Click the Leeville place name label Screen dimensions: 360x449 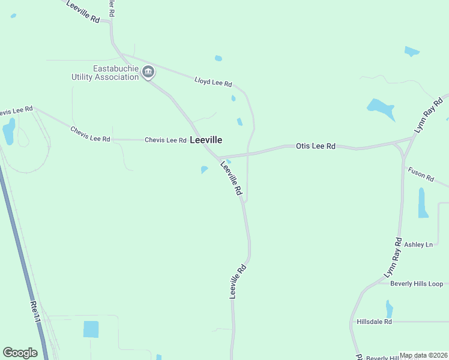tap(206, 140)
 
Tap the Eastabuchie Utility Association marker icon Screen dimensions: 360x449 tap(148, 73)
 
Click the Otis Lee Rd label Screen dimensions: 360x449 tap(315, 146)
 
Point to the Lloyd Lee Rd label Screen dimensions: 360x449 tap(213, 82)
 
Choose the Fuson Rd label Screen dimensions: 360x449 tap(421, 174)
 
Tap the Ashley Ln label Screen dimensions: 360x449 tap(418, 245)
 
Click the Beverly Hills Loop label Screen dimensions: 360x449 tap(416, 284)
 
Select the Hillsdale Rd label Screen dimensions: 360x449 tap(374, 322)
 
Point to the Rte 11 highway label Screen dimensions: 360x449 tap(35, 312)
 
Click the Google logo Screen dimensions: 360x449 tap(20, 353)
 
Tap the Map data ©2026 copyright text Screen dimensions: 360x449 tap(424, 355)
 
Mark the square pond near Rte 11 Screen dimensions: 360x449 tap(91, 329)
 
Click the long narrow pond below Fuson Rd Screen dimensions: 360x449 tap(423, 203)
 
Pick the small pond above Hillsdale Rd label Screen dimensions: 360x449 tap(390, 309)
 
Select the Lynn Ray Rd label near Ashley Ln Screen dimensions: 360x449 tap(394, 257)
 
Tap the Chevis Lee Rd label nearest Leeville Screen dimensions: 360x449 tap(165, 140)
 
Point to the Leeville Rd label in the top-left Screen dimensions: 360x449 tap(83, 12)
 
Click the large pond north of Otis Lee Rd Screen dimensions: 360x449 tap(380, 109)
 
